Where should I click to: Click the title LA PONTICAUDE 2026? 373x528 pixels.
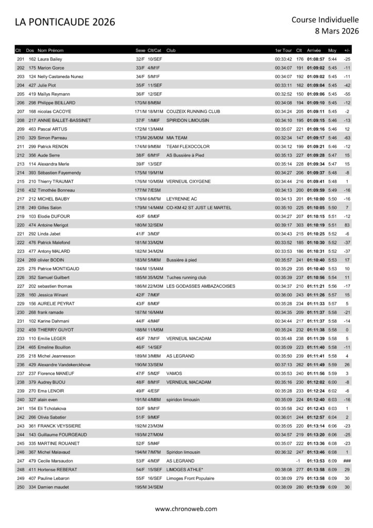[65, 22]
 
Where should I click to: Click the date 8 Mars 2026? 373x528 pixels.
[337, 31]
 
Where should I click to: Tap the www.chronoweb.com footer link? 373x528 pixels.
[186, 508]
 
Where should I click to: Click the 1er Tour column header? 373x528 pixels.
[283, 51]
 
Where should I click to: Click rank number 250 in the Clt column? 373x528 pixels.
[21, 487]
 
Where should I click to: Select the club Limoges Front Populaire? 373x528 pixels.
[192, 478]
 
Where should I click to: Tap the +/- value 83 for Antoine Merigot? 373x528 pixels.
[347, 225]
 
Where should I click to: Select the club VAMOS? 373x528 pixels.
[174, 373]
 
